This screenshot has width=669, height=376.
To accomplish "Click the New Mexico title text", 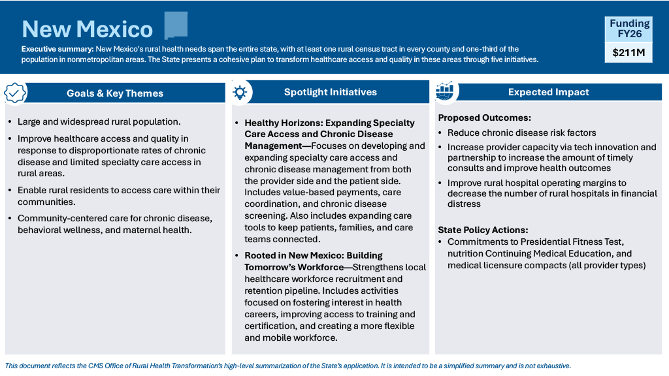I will (87, 29).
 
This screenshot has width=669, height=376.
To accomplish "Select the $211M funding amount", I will (627, 53).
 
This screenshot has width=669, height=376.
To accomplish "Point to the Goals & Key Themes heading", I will (115, 93).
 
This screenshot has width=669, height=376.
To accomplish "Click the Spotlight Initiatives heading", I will (330, 92).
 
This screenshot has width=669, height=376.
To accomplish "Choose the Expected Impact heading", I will (548, 92).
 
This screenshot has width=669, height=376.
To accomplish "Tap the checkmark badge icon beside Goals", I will (15, 93).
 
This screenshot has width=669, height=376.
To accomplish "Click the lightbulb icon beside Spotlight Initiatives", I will (240, 92).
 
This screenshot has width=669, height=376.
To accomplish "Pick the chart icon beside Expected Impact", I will (445, 91).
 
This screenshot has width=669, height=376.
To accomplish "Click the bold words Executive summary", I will (57, 49).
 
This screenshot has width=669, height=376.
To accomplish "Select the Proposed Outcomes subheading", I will (484, 118).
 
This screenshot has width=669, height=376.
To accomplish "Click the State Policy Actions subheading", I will (483, 230).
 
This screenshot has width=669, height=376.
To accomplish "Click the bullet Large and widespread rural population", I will (99, 121).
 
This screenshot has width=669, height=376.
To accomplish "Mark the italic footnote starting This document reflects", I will (287, 366).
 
